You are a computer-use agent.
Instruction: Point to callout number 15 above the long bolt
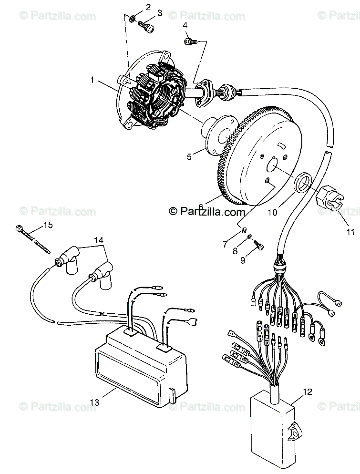tap(48, 225)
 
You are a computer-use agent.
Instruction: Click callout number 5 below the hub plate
tap(190, 156)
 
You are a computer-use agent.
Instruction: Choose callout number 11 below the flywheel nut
tap(350, 232)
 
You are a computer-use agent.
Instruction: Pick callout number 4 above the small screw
tap(185, 25)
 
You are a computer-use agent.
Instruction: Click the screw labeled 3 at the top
tap(146, 26)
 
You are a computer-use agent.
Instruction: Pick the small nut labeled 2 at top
tap(131, 19)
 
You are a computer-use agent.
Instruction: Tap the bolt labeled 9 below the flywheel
tap(259, 244)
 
